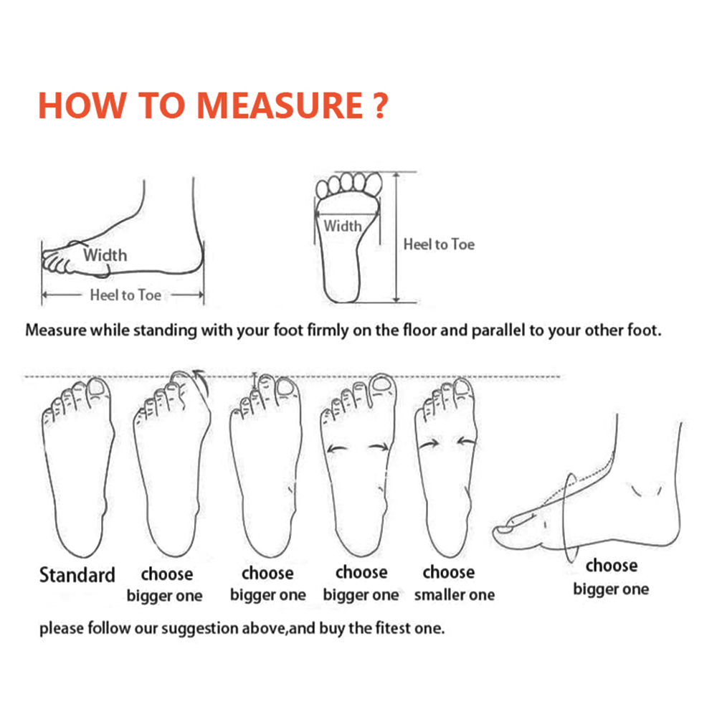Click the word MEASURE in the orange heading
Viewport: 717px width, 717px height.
pos(280,105)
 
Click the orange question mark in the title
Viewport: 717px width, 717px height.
pos(379,105)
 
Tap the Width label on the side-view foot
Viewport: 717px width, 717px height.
pos(105,255)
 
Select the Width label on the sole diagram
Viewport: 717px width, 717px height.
pos(343,225)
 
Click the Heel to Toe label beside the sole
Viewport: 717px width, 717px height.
pos(439,244)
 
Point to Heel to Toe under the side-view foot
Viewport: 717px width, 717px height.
pos(125,295)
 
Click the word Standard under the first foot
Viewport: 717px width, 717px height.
pos(77,575)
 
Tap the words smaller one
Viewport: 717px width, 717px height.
pos(454,594)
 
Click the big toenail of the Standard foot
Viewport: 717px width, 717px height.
pos(97,387)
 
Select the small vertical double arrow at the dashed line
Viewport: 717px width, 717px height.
pos(255,382)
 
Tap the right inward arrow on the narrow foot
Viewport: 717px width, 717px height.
pos(466,441)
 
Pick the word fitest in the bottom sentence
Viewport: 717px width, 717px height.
pos(393,628)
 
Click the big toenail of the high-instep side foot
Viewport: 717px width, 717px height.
pos(503,530)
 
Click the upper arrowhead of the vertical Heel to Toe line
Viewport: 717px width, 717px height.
pos(397,176)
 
